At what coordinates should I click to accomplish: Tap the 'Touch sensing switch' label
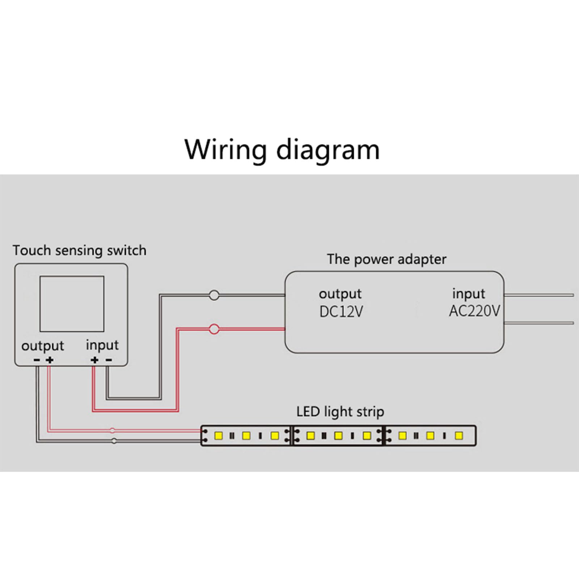(79, 250)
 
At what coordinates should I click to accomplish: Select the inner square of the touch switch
(72, 304)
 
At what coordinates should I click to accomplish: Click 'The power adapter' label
(386, 259)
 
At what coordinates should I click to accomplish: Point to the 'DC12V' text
(341, 312)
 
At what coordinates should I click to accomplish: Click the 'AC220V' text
(474, 311)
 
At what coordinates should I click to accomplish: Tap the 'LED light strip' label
(340, 412)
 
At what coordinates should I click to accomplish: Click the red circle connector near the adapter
(214, 329)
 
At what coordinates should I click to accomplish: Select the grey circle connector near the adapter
(214, 295)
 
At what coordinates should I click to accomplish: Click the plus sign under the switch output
(50, 360)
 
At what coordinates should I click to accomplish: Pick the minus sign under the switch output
(37, 360)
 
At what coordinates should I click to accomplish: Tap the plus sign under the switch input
(94, 360)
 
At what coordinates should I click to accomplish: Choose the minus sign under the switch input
(109, 360)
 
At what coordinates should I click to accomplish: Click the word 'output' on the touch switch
(42, 346)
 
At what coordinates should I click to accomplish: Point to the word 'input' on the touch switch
(102, 345)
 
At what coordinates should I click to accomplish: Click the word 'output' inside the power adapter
(340, 294)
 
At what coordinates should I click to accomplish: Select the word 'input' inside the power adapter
(468, 294)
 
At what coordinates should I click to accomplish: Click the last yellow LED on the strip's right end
(458, 435)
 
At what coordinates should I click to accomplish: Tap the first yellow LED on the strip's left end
(218, 435)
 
